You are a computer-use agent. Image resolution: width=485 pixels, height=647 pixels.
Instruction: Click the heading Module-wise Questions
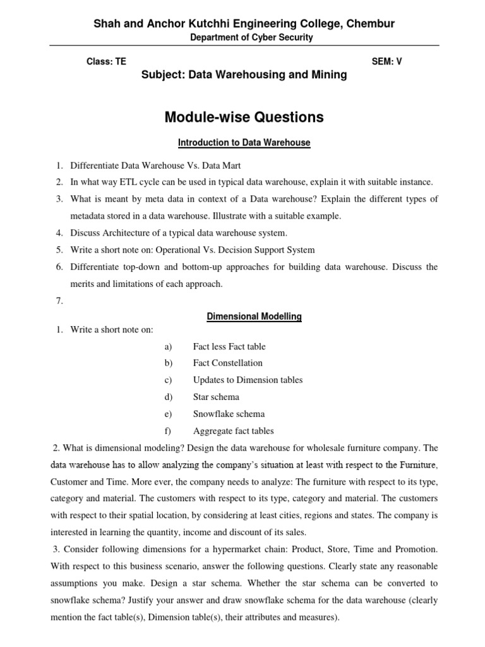(x=244, y=117)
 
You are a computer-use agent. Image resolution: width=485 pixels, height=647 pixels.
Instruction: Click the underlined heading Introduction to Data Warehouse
(x=244, y=143)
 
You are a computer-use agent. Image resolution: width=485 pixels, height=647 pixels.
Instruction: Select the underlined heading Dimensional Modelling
(x=254, y=317)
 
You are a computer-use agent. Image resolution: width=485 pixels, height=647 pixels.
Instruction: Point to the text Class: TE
(x=105, y=62)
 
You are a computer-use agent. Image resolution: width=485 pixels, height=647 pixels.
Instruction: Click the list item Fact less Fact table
(x=229, y=346)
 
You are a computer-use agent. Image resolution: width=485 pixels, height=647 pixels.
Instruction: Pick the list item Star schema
(x=215, y=397)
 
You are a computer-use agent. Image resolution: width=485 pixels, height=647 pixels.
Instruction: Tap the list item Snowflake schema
(x=229, y=414)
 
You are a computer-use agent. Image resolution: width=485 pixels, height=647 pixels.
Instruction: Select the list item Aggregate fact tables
(x=233, y=432)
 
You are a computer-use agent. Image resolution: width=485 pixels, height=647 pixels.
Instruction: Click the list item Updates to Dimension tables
(x=248, y=380)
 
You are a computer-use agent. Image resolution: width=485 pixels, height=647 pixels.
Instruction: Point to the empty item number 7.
(x=59, y=301)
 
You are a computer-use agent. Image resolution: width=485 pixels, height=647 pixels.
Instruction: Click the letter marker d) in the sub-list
(x=167, y=397)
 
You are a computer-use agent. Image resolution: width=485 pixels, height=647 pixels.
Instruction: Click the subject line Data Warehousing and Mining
(x=244, y=75)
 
